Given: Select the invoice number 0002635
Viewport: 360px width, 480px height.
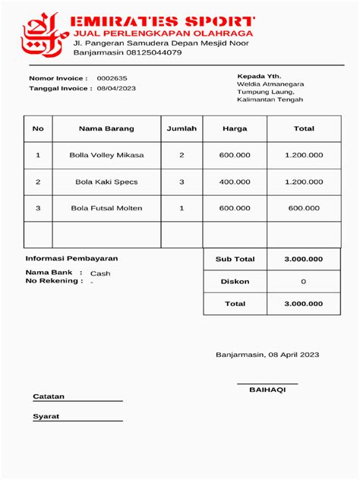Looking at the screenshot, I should [x=112, y=78].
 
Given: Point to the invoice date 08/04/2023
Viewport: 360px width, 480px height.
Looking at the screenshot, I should [x=116, y=89].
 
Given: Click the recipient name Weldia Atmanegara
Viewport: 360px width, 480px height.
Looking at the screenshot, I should [x=270, y=84].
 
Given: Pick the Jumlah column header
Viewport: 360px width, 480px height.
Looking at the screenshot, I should [x=182, y=128].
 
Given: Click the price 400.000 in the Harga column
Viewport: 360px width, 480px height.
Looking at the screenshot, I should [x=235, y=182].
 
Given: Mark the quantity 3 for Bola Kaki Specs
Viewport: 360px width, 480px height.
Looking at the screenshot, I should [x=182, y=182].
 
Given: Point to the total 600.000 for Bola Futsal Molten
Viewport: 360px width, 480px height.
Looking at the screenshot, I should [x=304, y=208].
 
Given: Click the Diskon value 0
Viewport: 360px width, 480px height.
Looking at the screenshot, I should [x=304, y=281].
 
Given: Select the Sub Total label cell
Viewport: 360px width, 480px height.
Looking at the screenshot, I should [x=235, y=259].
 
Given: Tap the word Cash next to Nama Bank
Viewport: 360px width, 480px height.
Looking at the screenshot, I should [x=100, y=273].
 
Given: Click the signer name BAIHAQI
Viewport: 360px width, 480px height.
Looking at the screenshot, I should [x=267, y=390].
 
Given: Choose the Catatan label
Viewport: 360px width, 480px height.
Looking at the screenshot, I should [x=49, y=396].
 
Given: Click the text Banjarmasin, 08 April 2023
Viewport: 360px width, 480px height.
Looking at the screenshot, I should [x=267, y=355].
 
